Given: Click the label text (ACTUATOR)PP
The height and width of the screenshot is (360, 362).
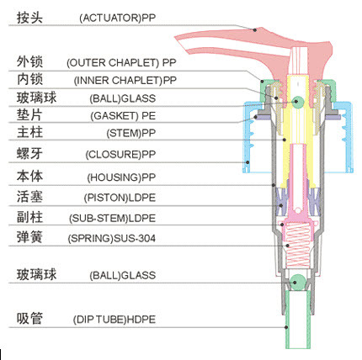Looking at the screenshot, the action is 117,18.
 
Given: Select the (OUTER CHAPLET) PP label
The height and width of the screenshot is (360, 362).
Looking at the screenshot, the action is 121,62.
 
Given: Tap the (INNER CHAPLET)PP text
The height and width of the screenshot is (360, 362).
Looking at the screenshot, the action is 125,81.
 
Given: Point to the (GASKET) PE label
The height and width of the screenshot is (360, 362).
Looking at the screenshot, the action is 123,116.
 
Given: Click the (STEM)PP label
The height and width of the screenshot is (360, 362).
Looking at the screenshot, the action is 130,133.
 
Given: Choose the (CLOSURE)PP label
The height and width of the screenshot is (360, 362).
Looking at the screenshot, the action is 120,155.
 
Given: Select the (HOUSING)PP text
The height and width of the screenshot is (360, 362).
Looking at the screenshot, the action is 121,177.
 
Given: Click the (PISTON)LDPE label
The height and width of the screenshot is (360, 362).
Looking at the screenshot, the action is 120,198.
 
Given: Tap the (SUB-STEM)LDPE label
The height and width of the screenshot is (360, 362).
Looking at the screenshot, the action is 112,219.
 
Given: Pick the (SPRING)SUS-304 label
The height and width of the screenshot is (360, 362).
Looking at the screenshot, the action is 111,239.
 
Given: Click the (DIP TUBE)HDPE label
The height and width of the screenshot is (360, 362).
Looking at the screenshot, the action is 114,320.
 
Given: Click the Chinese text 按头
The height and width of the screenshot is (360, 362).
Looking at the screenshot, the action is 29,18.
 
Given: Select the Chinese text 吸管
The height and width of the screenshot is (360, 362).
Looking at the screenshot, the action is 29,319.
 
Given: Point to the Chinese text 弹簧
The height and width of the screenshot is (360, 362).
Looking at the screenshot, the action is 29,237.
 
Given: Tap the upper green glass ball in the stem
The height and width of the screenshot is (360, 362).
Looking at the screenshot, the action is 297,101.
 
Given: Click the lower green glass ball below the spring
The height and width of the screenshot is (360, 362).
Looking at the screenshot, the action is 297,281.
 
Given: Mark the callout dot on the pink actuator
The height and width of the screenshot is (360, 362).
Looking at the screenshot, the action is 255,29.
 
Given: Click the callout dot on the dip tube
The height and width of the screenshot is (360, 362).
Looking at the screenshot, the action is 286,327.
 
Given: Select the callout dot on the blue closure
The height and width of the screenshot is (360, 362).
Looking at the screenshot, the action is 248,162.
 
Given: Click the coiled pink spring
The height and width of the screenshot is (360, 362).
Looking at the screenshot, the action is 297,246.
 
